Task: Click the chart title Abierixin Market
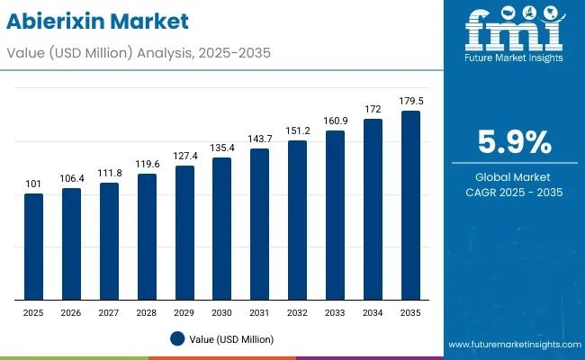tap(101, 20)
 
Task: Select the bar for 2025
tap(33, 247)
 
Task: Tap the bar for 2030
tap(221, 229)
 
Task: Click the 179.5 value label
tap(410, 102)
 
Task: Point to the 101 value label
tap(33, 184)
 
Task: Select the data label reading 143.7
tap(259, 139)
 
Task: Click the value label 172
tap(373, 110)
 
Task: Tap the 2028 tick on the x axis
tap(147, 311)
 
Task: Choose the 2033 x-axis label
tap(335, 311)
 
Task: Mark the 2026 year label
tap(71, 311)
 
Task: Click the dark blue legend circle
tap(177, 339)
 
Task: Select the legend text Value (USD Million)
tap(232, 339)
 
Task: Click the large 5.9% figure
tap(513, 141)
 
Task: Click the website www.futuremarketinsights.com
tap(512, 345)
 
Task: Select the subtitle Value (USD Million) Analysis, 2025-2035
tap(136, 53)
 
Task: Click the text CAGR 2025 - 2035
tap(513, 192)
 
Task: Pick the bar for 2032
tap(297, 220)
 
